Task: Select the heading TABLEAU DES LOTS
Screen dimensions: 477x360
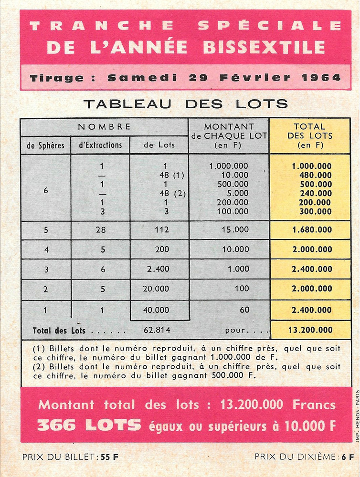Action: coord(185,104)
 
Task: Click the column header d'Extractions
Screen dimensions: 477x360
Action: coord(100,145)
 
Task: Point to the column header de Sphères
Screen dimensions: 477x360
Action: coord(45,145)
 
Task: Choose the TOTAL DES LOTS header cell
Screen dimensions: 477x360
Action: coord(310,136)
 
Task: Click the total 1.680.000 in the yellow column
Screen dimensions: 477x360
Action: coord(312,230)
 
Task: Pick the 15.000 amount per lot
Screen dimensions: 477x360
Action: coord(235,230)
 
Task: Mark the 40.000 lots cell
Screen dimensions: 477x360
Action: coord(157,310)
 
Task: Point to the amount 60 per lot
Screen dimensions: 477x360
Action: coord(244,310)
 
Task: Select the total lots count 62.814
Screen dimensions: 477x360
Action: coord(157,330)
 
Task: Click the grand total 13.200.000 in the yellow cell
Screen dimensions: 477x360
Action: coord(310,330)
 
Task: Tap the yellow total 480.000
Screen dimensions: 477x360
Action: coord(315,175)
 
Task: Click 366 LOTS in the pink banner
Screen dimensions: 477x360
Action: coord(89,425)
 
